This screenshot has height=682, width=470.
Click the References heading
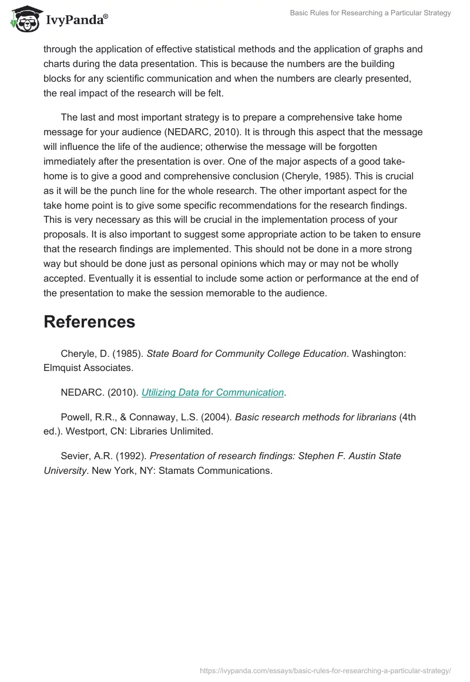[x=89, y=322]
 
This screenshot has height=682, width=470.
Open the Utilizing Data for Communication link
[x=213, y=392]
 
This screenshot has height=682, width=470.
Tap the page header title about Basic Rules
[x=370, y=13]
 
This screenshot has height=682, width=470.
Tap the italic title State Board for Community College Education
[x=246, y=353]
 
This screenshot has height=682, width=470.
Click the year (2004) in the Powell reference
[x=219, y=417]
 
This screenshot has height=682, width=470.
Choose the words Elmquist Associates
[x=88, y=368]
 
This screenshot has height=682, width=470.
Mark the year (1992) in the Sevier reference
[x=132, y=456]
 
